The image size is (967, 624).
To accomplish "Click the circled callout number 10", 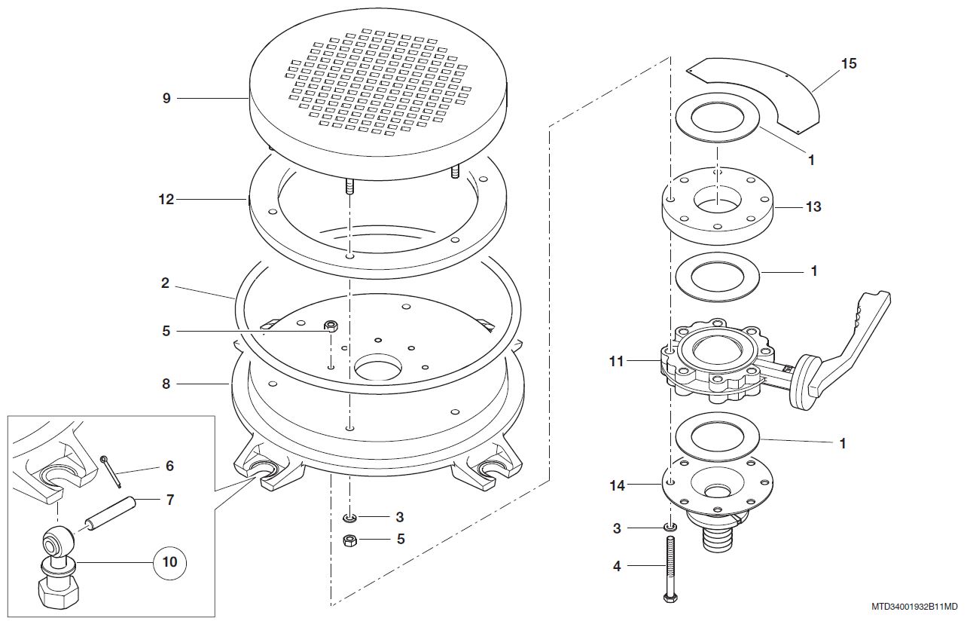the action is (169, 562).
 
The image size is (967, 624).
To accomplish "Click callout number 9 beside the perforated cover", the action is (166, 98).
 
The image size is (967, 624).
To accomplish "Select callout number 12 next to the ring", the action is (166, 199).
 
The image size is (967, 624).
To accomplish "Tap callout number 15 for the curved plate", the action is (849, 63).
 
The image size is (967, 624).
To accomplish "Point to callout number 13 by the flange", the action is (813, 206).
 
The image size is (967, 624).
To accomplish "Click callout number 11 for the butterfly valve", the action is (617, 361).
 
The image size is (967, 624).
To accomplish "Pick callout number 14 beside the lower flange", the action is (617, 486).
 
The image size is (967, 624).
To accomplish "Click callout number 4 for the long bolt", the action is (617, 566).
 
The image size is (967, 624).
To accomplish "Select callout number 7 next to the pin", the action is (170, 500).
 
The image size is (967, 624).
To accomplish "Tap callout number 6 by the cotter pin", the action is (169, 466).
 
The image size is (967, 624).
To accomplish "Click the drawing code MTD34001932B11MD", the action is (914, 607).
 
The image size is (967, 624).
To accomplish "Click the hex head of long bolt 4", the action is (670, 598).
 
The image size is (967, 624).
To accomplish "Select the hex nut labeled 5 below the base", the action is (349, 540).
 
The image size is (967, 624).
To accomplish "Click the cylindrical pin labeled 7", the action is (111, 515).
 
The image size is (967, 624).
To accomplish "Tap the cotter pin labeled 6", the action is (111, 472).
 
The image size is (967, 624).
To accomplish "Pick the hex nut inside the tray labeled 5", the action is (331, 326).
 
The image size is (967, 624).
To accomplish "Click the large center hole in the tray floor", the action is (378, 369).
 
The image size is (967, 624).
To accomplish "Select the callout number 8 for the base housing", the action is (166, 384).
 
